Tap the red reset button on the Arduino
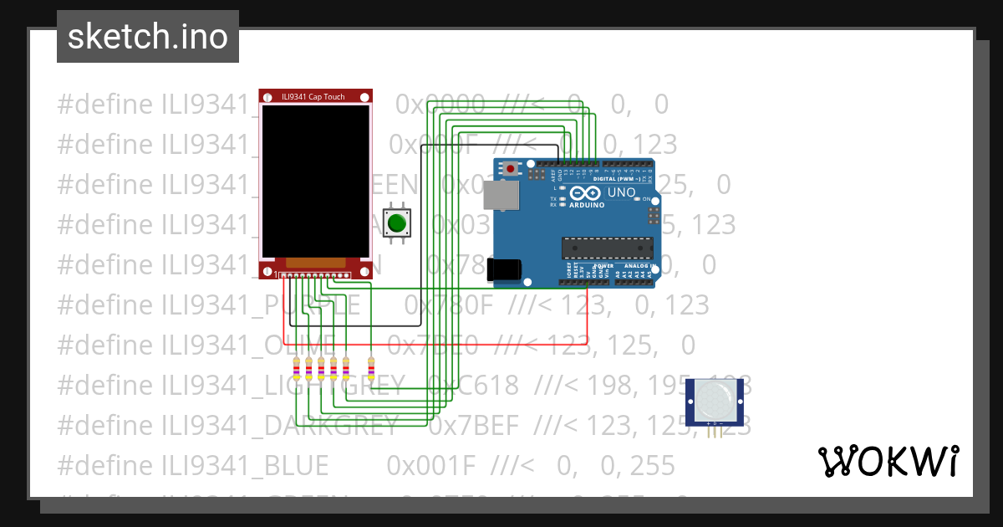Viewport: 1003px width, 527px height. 510,169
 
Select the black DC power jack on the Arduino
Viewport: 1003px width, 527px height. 505,269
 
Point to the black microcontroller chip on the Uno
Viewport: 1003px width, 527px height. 607,248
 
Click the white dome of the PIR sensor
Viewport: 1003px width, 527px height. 713,401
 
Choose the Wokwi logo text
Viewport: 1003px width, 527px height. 888,461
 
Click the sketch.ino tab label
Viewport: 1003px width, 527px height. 148,37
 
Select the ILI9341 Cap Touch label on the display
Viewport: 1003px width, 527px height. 313,97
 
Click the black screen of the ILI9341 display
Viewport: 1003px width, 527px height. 314,180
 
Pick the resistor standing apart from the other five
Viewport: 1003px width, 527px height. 371,368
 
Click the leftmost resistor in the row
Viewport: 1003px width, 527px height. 296,368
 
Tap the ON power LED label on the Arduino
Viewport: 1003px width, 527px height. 646,198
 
